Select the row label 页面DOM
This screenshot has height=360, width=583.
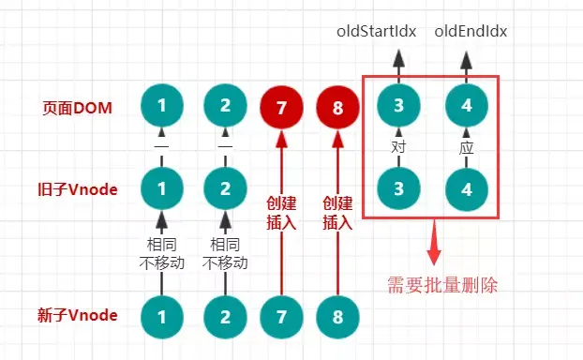point(78,109)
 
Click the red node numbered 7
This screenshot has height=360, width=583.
point(281,109)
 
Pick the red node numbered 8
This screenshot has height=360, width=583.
point(336,109)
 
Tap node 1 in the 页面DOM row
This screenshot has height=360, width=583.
point(161,106)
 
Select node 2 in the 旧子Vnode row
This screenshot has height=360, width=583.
point(224,187)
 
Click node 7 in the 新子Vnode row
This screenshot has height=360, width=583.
point(281,315)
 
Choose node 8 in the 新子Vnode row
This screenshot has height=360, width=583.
point(336,315)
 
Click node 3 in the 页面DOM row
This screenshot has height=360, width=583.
point(398,106)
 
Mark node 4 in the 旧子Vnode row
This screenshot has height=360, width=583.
point(466,187)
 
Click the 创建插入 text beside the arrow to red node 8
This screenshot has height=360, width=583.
point(336,213)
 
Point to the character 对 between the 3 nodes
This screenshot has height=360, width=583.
point(398,147)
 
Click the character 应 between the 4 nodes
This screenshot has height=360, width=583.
point(466,147)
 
